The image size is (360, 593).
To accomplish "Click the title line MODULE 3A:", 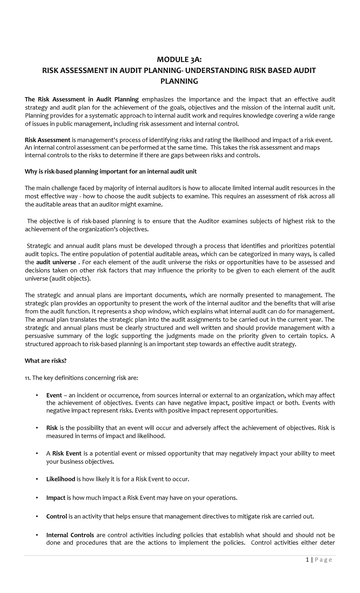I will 179,60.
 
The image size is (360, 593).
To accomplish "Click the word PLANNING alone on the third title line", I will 179,81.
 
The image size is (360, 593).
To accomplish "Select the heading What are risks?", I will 45,361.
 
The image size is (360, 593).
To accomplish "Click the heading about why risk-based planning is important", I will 110,172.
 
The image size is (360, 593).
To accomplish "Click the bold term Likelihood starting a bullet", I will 61,479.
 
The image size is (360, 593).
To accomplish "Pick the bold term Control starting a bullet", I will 56,516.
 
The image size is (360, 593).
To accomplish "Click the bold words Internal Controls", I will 70,535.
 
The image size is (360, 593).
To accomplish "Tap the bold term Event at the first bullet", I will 54,395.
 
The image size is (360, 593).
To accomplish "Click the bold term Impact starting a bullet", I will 56,498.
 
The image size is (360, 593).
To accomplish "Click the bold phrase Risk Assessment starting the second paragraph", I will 47,140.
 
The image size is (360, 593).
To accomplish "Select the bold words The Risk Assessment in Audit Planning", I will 82,99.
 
